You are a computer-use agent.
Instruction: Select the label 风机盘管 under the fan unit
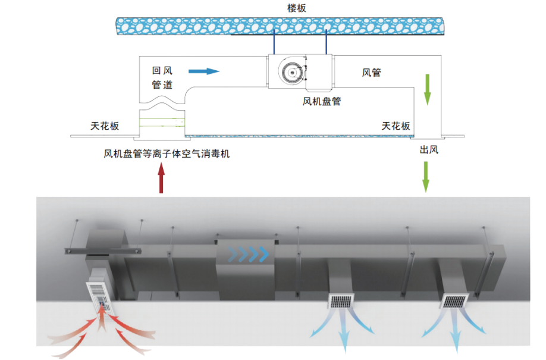[322, 101]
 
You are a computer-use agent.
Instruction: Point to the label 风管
[371, 73]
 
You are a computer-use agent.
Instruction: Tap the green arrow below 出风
[426, 176]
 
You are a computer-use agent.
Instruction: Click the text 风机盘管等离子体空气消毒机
[167, 154]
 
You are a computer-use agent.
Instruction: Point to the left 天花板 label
[105, 126]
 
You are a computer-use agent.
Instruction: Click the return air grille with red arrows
[104, 296]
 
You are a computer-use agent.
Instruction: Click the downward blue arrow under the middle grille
[344, 337]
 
